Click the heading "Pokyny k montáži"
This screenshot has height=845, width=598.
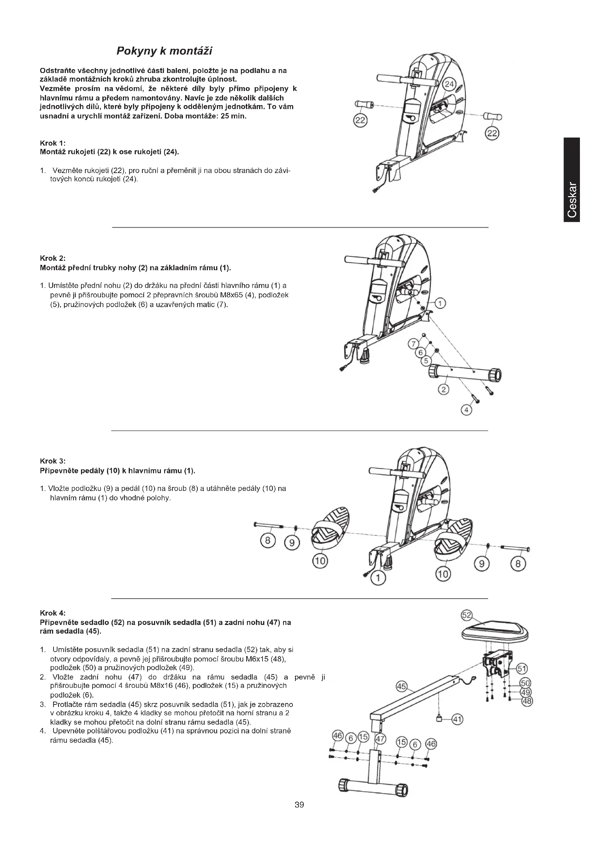pyautogui.click(x=164, y=51)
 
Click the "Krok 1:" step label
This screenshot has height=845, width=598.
pyautogui.click(x=53, y=143)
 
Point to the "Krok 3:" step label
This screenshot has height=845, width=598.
pyautogui.click(x=53, y=461)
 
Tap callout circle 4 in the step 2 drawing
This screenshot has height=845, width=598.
pyautogui.click(x=466, y=410)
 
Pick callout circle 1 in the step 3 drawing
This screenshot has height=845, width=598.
pyautogui.click(x=377, y=578)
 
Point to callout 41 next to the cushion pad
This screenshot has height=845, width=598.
pyautogui.click(x=457, y=719)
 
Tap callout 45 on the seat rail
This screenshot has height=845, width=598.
pyautogui.click(x=401, y=686)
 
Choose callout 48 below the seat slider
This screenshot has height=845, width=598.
pyautogui.click(x=527, y=701)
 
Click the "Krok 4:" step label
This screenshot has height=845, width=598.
pyautogui.click(x=53, y=613)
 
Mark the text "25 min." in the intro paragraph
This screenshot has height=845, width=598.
pyautogui.click(x=233, y=116)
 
